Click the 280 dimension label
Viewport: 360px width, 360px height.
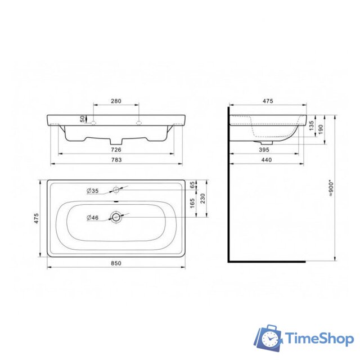116,101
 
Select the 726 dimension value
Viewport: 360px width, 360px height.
116,150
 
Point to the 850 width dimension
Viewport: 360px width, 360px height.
116,263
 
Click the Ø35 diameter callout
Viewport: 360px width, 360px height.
93,191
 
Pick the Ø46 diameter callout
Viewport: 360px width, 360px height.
93,218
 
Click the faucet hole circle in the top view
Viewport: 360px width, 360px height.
116,188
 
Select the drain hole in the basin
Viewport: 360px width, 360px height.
116,217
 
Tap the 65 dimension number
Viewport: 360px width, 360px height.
192,185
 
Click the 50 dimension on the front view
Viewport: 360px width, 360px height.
82,119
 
